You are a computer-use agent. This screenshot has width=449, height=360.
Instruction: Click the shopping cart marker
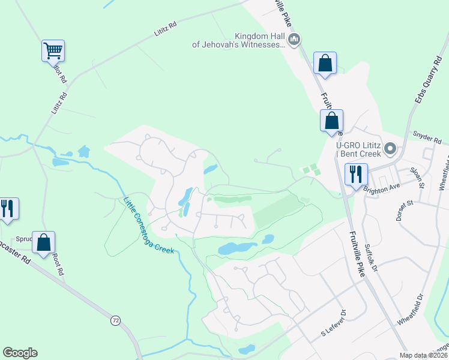tap(53, 50)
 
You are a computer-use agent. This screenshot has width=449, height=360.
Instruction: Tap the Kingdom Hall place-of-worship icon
tap(294, 40)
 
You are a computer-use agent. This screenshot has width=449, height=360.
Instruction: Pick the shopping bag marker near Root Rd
tap(44, 243)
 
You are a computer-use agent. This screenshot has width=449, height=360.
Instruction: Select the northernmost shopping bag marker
tap(325, 63)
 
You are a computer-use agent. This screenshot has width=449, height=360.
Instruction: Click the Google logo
tap(20, 353)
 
